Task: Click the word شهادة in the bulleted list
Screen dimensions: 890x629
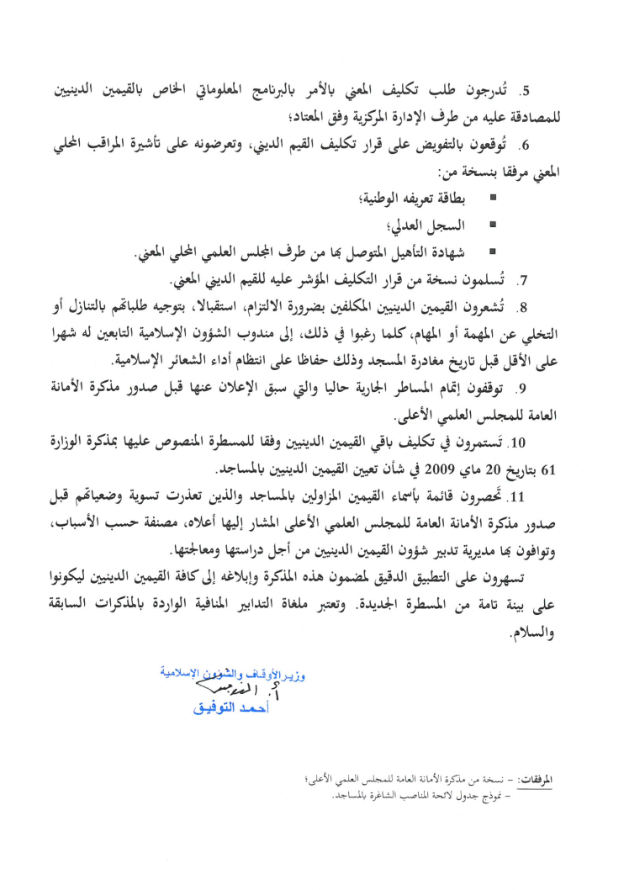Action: tap(452, 252)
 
